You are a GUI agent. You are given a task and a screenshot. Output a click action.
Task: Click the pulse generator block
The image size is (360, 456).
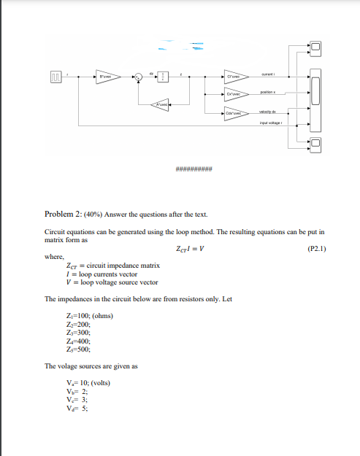[x=56, y=76]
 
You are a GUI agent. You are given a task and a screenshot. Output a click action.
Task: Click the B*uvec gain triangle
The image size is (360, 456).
[x=105, y=76]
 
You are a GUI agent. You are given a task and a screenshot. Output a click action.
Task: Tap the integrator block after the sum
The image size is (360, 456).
[x=164, y=76]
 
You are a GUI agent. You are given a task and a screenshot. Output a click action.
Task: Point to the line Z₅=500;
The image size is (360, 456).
[x=77, y=349]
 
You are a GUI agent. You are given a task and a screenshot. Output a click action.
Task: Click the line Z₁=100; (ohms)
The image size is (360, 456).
[x=89, y=314]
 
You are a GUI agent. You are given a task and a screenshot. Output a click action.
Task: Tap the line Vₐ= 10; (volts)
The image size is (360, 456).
[x=88, y=382]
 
